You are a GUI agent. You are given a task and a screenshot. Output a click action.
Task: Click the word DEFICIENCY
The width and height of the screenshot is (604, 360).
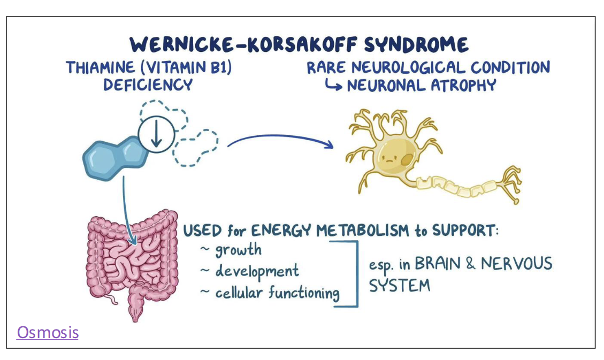pyautogui.click(x=148, y=85)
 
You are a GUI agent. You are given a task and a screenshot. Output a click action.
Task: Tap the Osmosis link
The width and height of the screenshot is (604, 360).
pyautogui.click(x=48, y=333)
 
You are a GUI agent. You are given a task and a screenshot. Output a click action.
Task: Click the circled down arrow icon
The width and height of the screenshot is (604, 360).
pyautogui.click(x=156, y=133)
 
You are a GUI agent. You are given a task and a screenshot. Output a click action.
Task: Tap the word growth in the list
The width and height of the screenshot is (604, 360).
pyautogui.click(x=239, y=250)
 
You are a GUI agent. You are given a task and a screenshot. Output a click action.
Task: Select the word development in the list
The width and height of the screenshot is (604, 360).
pyautogui.click(x=257, y=271)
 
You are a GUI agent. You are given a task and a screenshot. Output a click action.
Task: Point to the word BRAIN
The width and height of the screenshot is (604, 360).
pyautogui.click(x=440, y=264)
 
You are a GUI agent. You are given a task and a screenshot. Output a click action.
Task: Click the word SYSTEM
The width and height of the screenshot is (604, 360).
pyautogui.click(x=400, y=286)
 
